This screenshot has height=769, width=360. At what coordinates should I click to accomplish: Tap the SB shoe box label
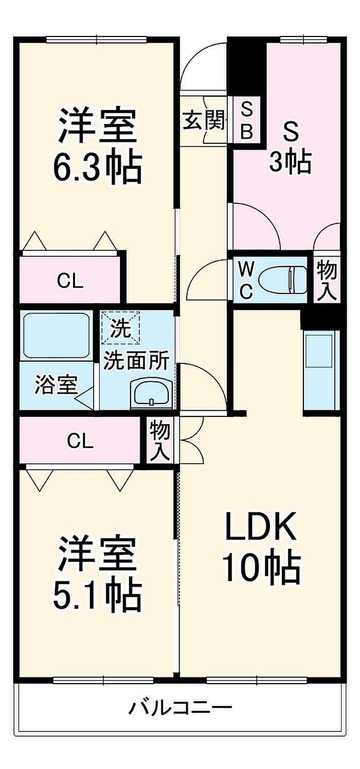(x=247, y=121)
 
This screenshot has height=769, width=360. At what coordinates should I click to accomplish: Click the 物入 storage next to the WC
(x=327, y=280)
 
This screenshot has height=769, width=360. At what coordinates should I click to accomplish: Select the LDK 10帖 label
(x=261, y=547)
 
